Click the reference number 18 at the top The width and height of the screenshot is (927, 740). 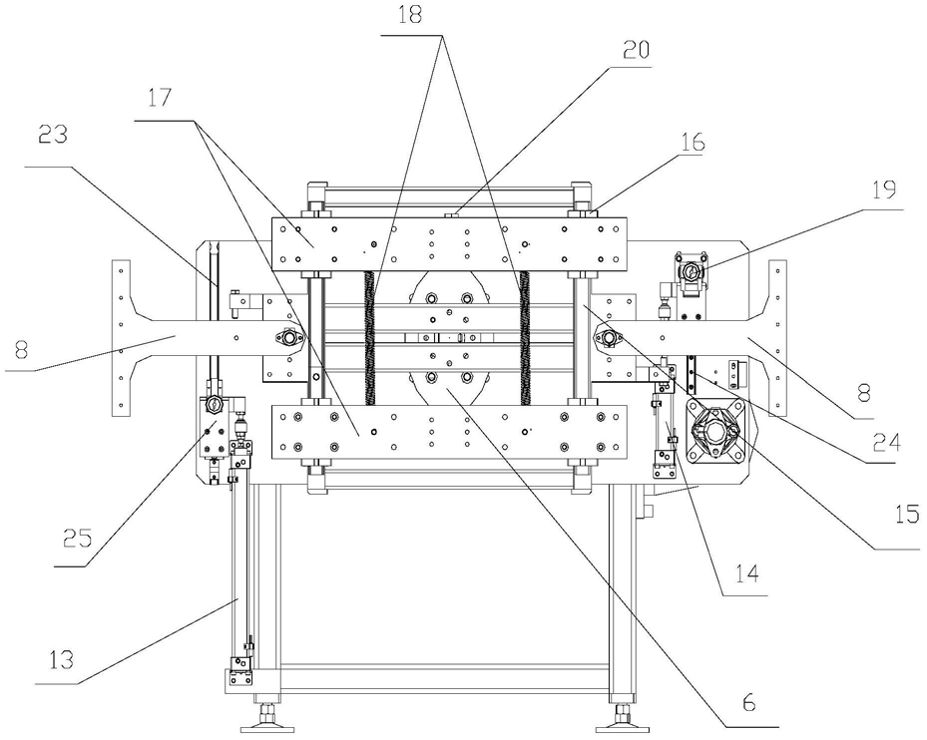click(x=411, y=15)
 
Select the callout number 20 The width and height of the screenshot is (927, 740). click(x=636, y=49)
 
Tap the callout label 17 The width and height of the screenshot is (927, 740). click(x=159, y=98)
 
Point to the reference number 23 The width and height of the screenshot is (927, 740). click(x=53, y=135)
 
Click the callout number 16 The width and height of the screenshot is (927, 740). click(x=693, y=142)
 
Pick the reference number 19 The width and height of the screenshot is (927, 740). click(x=884, y=190)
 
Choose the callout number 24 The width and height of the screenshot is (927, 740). click(x=887, y=442)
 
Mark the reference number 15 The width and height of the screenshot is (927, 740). click(x=907, y=515)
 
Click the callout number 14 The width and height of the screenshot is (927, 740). click(x=746, y=572)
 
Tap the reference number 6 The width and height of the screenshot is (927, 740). click(x=748, y=702)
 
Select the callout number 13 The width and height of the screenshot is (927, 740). click(x=61, y=659)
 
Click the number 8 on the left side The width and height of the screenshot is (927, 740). click(x=21, y=351)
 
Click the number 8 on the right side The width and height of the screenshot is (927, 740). click(x=864, y=393)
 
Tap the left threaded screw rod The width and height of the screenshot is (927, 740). click(x=370, y=337)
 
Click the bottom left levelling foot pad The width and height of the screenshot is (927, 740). click(x=264, y=720)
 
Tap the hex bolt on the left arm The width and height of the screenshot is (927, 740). click(x=288, y=337)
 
